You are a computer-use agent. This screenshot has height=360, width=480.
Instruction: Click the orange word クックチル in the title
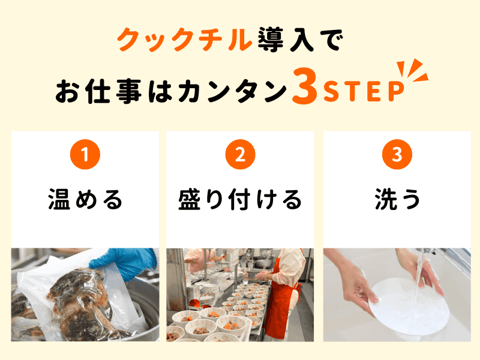pos(185,39)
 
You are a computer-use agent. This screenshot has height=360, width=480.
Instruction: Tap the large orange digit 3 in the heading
pos(305,86)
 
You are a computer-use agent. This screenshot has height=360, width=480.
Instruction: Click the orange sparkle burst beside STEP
pos(412,70)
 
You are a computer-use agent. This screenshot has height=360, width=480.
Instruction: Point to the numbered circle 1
pos(85,154)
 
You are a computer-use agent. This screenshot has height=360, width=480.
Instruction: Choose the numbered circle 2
pos(241,154)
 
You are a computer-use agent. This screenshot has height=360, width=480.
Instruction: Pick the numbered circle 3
pos(397,154)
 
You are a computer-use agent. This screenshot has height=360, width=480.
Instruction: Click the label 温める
pos(85,199)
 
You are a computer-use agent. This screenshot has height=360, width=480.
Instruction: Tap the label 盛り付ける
pos(241,199)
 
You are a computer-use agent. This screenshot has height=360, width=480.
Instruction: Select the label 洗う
pos(397,199)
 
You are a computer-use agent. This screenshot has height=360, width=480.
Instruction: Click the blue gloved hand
pos(124,263)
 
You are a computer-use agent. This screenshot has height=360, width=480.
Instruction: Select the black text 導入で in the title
pos(300,39)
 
